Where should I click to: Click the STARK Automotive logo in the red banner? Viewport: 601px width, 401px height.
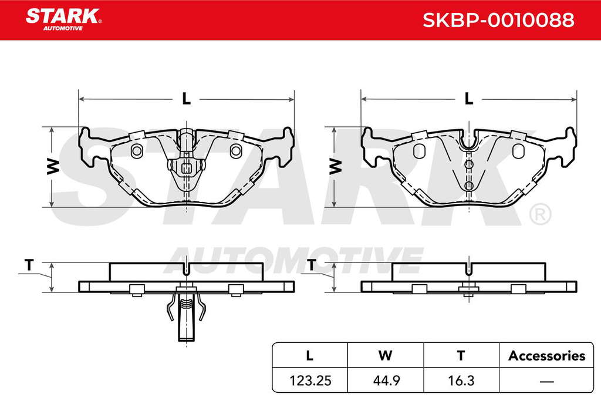point(63,19)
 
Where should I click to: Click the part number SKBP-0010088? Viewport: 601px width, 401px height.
point(498,20)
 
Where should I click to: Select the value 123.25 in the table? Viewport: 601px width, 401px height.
point(310,380)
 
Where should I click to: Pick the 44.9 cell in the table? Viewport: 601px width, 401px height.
point(386,380)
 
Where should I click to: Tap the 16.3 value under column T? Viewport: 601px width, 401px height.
point(461,380)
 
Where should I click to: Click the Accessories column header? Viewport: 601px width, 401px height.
point(546,356)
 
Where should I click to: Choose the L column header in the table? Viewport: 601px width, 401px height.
point(310,356)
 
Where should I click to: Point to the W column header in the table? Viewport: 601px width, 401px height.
point(385,356)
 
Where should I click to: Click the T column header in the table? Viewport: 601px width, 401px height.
point(461,356)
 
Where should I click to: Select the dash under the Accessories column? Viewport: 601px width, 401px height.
point(546,382)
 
